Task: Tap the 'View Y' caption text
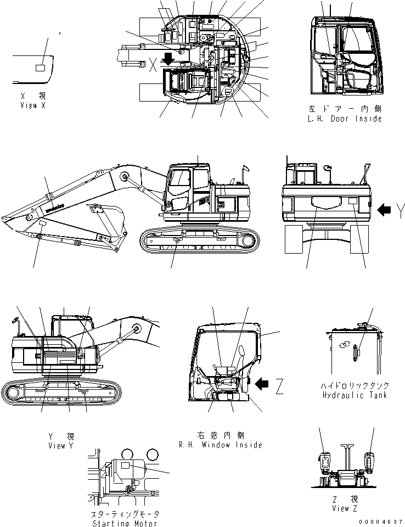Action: [60, 446]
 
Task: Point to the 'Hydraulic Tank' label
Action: [355, 395]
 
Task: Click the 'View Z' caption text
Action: [341, 508]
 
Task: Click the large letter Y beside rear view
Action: [401, 209]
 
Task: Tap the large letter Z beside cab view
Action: [279, 388]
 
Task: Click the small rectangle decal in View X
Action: [41, 68]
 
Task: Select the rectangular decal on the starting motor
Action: [125, 465]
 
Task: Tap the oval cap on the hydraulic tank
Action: [345, 345]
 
